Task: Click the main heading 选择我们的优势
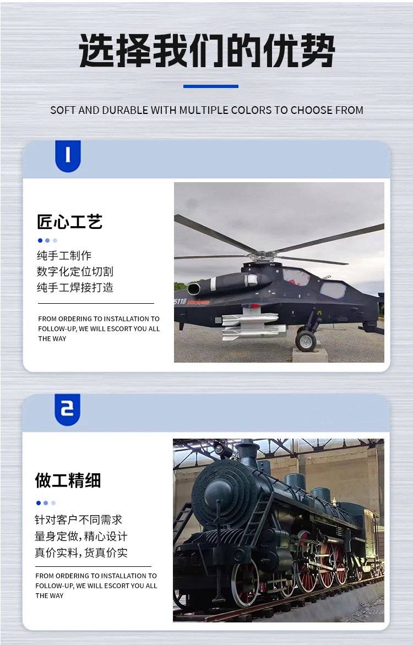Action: (206, 51)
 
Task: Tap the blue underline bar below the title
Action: (211, 86)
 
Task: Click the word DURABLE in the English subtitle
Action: (125, 110)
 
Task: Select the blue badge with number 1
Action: (68, 156)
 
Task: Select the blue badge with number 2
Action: (67, 409)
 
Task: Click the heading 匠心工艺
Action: (69, 222)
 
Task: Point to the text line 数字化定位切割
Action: (75, 271)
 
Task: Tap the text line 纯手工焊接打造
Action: (75, 287)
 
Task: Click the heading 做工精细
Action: (68, 480)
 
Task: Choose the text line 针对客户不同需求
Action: (79, 520)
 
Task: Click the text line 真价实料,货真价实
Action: (81, 553)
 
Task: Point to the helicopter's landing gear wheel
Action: (306, 341)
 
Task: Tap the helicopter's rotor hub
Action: (263, 256)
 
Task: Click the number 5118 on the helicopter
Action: (181, 302)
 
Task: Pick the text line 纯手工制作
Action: (64, 255)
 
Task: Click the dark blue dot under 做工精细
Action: (39, 503)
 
